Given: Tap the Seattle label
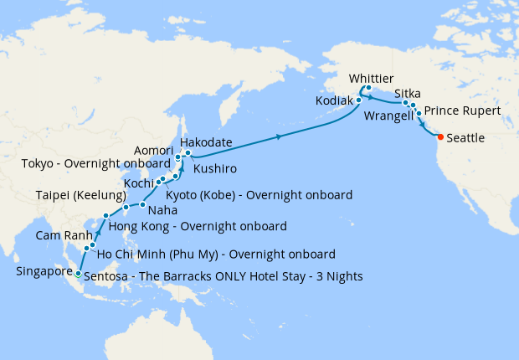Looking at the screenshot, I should [x=466, y=138].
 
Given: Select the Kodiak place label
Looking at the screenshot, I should [x=334, y=100].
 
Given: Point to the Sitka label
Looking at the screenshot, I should [x=407, y=94].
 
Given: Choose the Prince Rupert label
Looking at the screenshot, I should [x=462, y=111].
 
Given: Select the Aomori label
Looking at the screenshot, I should [x=153, y=150].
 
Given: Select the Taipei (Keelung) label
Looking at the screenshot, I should [x=80, y=195].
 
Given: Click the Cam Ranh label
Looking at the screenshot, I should [x=57, y=235].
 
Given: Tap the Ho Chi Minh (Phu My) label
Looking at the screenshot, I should [x=216, y=254].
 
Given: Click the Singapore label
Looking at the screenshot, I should [x=44, y=271].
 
